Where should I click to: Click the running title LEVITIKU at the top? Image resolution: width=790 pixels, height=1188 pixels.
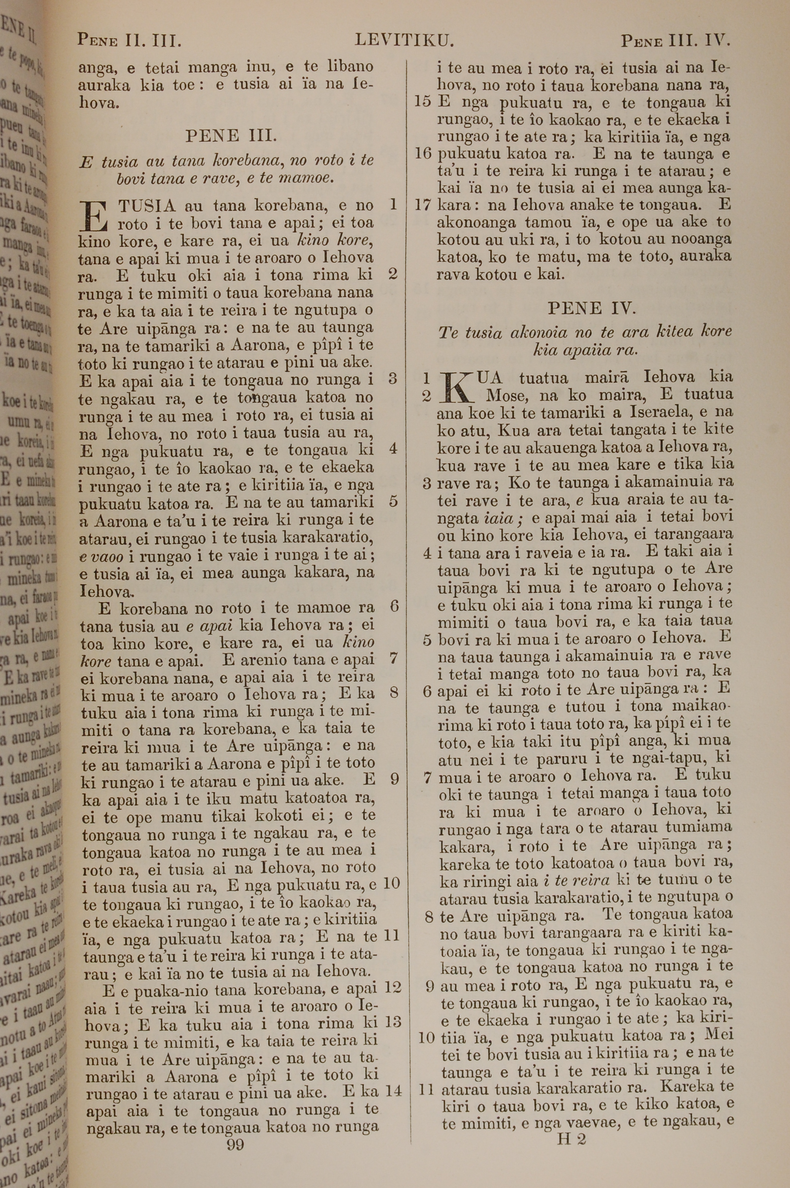tap(404, 40)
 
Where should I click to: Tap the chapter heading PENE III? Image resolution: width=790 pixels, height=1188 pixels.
tap(231, 136)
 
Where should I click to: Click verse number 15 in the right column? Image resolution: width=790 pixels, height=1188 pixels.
tap(423, 102)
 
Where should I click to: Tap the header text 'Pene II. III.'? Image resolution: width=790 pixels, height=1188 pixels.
tap(129, 40)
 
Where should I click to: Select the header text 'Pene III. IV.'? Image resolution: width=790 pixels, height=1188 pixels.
tap(675, 40)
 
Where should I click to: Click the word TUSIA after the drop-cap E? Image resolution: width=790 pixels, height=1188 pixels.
tap(147, 206)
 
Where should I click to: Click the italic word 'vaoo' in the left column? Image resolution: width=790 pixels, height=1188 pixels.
tap(95, 557)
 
